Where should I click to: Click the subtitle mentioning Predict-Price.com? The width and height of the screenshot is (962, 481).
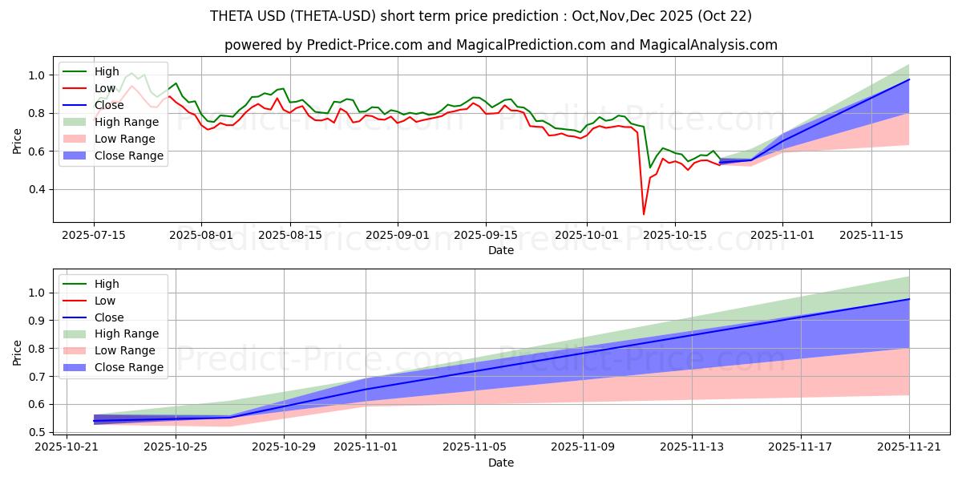point(501,45)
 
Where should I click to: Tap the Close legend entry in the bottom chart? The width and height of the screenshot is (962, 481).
point(109,317)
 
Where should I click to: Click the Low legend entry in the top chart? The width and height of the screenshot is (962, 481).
point(105,88)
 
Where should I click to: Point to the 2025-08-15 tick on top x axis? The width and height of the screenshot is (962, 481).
point(289,235)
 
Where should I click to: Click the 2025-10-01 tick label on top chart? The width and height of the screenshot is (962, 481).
point(587,235)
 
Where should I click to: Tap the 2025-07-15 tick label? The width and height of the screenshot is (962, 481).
point(94,235)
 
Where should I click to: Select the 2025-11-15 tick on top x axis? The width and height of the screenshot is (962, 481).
point(871,235)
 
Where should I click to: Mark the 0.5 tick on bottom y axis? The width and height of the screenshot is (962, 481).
point(37,432)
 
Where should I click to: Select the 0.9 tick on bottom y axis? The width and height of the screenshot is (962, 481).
point(37,321)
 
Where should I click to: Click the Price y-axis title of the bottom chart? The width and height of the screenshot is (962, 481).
point(17,354)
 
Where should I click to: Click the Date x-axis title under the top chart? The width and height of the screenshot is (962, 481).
point(501,250)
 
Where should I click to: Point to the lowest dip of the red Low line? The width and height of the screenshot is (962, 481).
point(644,214)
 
